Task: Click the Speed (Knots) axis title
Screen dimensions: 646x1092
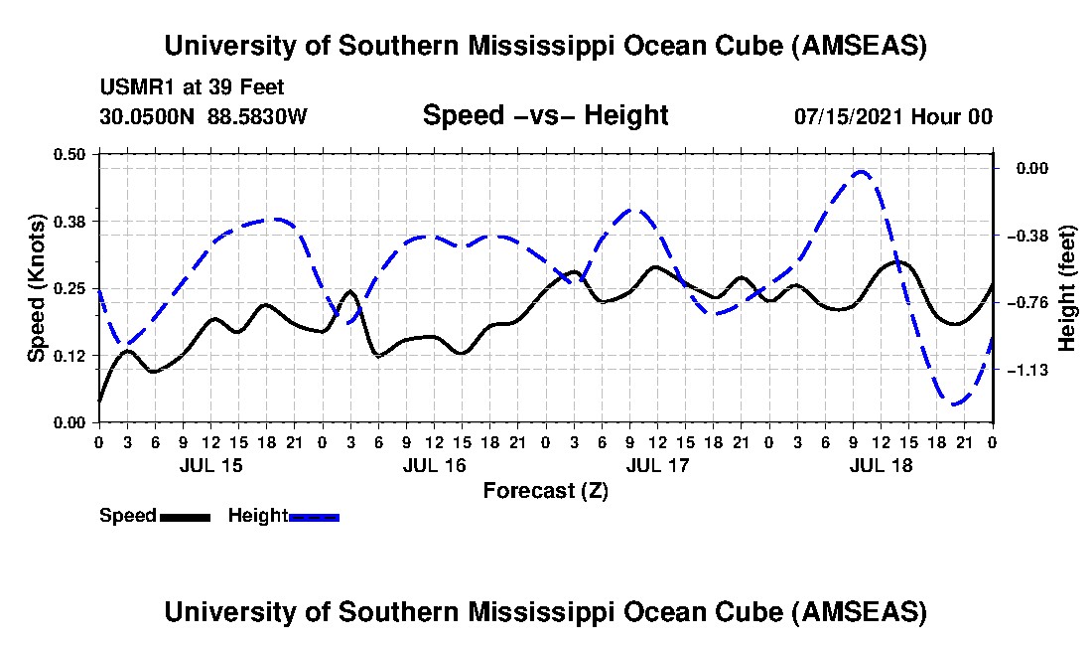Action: click(37, 287)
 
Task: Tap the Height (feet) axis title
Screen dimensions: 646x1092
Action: click(1067, 287)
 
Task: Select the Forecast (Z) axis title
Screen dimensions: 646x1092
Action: click(545, 490)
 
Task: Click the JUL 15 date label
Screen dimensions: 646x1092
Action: click(210, 465)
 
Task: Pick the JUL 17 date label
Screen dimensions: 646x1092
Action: click(658, 465)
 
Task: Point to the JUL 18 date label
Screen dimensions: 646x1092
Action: click(882, 465)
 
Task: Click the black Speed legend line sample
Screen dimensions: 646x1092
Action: click(185, 517)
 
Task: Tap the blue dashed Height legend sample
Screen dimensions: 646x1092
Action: click(314, 517)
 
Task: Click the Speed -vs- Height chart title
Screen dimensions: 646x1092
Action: click(545, 116)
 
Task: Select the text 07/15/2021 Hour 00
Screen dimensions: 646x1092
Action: click(892, 117)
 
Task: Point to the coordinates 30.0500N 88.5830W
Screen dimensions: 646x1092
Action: click(204, 117)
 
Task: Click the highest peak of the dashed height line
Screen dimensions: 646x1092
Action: click(861, 171)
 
